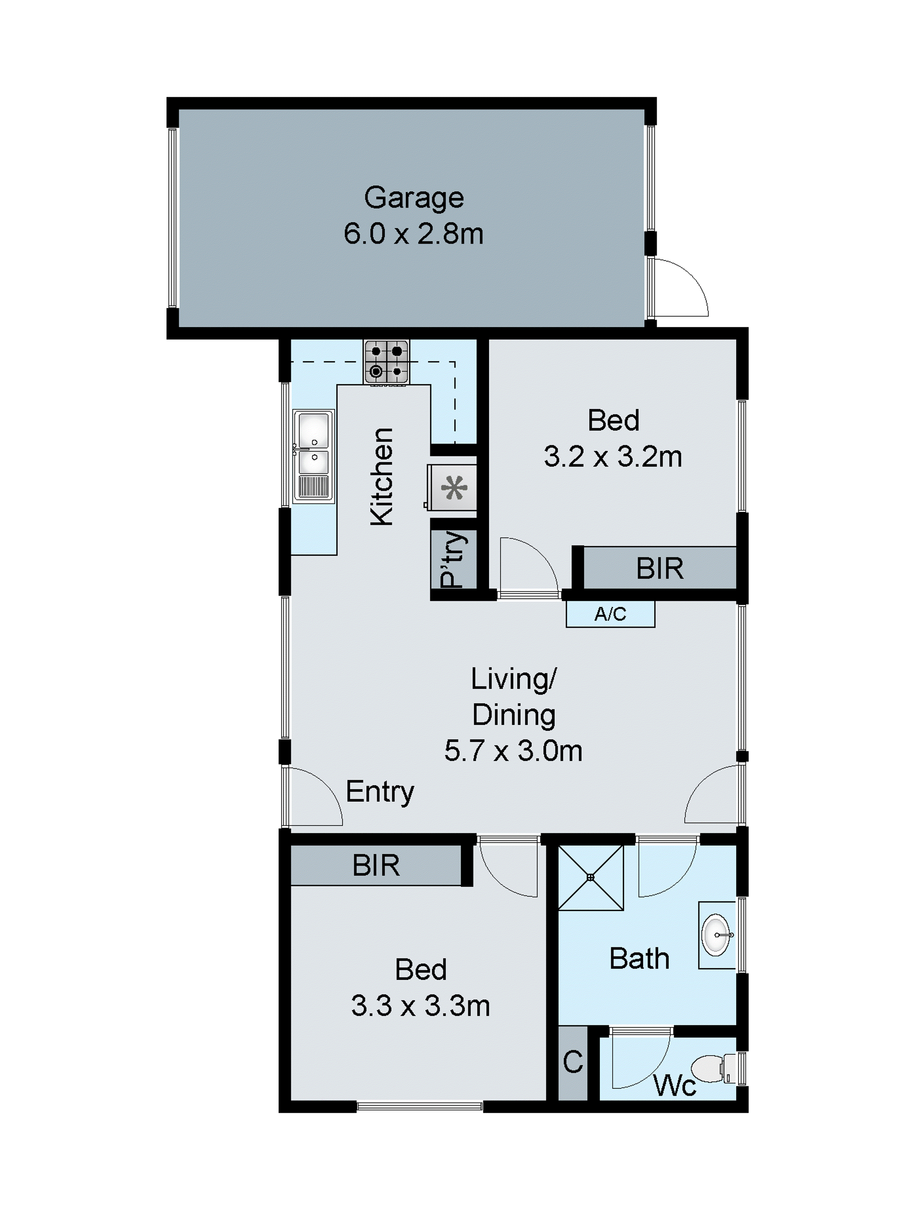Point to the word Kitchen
382,477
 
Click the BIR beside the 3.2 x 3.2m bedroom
659,569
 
